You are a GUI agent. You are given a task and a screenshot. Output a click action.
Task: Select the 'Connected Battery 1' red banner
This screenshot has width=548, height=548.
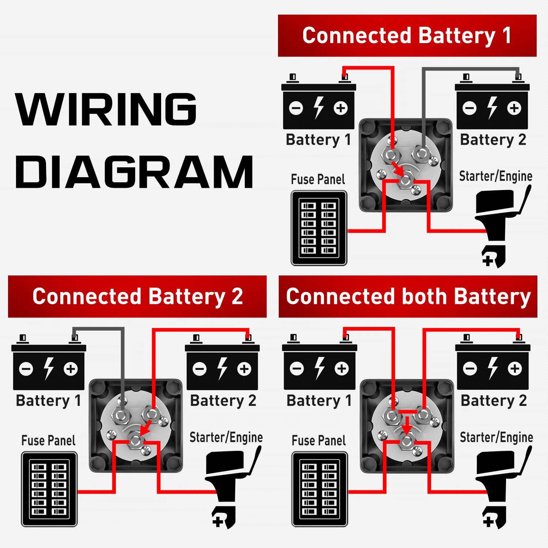tap(407, 36)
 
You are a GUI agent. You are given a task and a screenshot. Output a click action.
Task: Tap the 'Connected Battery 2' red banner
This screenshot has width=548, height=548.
tap(137, 296)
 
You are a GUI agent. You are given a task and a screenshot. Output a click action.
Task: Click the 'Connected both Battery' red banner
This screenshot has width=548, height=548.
tap(408, 296)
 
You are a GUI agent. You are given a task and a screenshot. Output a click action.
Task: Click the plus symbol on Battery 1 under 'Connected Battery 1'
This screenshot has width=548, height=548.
tap(340, 108)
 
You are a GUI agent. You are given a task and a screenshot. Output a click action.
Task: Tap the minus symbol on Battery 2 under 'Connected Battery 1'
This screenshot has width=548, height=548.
tap(469, 108)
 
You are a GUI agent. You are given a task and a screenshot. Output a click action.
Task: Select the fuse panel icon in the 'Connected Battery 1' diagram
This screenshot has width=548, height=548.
tap(319, 228)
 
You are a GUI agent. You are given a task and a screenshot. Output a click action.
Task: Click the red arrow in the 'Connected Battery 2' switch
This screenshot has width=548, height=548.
tap(146, 427)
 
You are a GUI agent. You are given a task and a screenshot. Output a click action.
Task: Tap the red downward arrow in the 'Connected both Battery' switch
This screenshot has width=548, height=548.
tap(407, 426)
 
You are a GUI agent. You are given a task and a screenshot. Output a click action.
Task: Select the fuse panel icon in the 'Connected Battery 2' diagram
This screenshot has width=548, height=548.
tap(49, 489)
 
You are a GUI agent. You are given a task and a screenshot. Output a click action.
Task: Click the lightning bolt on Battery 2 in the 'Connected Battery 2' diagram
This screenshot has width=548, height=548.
tap(222, 368)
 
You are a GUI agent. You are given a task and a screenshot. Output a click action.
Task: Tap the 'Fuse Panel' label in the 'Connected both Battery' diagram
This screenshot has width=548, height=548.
tap(319, 441)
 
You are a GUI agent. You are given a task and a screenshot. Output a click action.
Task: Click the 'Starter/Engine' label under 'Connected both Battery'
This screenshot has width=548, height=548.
tap(496, 437)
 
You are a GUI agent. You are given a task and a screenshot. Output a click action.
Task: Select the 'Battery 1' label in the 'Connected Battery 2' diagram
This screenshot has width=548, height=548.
tap(48, 401)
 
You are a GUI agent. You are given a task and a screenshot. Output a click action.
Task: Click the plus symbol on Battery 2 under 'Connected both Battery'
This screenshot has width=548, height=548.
tap(514, 368)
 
